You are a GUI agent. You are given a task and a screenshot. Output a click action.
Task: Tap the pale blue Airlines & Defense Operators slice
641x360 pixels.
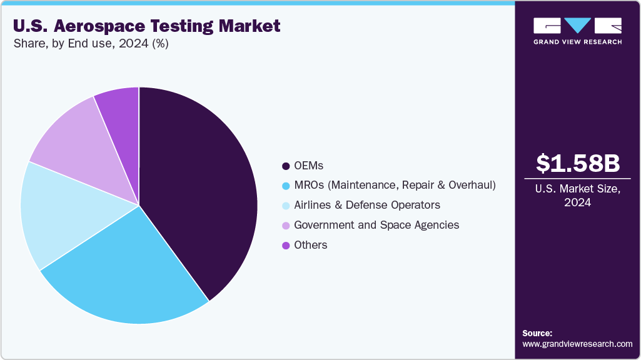click(x=63, y=212)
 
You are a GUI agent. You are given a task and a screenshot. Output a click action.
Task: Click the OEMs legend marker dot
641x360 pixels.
click(x=286, y=166)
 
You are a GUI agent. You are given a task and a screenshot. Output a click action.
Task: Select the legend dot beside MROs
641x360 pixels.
click(x=286, y=186)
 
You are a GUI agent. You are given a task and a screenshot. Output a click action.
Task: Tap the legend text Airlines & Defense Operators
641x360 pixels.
click(x=367, y=205)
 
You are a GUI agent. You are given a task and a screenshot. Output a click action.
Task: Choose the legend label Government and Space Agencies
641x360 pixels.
click(x=376, y=225)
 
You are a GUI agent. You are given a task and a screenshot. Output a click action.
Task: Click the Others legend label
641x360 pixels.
click(x=311, y=245)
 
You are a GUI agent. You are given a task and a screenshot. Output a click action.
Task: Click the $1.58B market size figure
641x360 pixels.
click(x=578, y=163)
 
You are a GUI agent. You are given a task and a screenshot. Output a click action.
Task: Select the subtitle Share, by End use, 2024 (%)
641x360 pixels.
click(x=91, y=44)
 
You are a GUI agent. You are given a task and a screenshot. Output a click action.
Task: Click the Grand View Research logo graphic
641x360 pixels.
click(x=577, y=26)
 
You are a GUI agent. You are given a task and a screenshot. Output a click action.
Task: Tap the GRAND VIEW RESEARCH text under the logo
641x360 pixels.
click(x=577, y=42)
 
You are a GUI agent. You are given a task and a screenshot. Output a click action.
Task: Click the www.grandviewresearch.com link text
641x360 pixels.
click(x=577, y=344)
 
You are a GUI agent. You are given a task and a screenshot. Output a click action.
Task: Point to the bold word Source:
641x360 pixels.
click(x=537, y=333)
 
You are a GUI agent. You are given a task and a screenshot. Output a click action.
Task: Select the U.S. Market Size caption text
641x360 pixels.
click(x=578, y=189)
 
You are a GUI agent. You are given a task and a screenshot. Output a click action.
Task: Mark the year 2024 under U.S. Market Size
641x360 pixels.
click(x=578, y=202)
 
